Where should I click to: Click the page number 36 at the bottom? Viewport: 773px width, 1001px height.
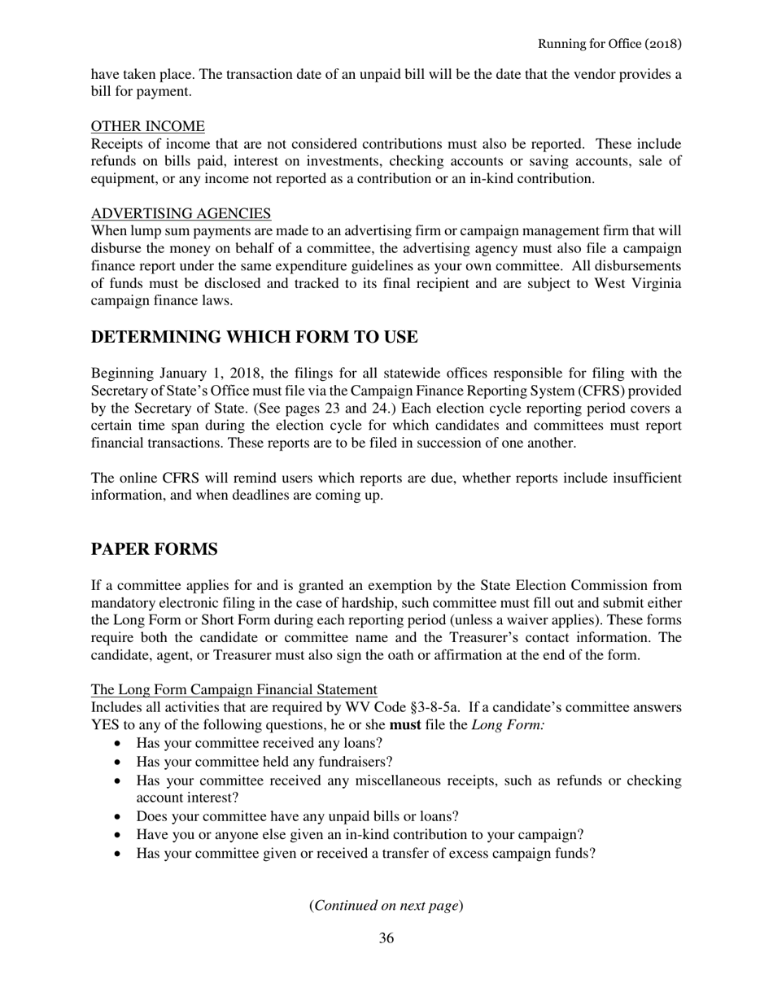coord(386,938)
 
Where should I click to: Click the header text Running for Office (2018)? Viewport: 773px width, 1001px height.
coord(609,43)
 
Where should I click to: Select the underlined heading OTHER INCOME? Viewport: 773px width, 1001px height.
coord(147,126)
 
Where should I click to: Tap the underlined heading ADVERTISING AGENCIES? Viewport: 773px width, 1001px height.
coord(181,213)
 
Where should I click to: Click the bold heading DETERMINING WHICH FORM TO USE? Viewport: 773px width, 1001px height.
coord(254,337)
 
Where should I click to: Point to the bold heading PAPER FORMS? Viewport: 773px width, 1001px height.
coord(154,549)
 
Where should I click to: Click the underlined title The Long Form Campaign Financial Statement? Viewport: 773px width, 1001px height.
coord(234,689)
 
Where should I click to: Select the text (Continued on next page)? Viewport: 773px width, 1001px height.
coord(386,905)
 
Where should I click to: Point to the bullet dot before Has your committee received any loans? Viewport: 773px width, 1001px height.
coord(120,744)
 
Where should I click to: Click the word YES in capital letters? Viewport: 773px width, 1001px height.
coord(106,725)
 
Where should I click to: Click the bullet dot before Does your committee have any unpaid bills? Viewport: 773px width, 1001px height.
coord(120,816)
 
